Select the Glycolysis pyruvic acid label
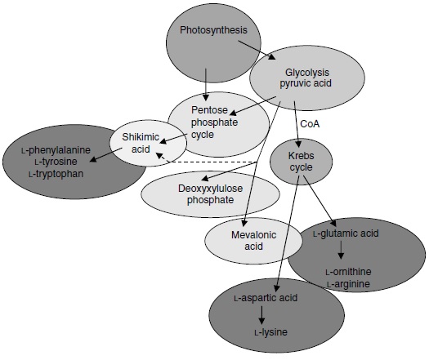(304, 77)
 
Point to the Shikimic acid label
(144, 142)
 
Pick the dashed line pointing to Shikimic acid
(212, 162)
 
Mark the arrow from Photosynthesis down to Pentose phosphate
(206, 78)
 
